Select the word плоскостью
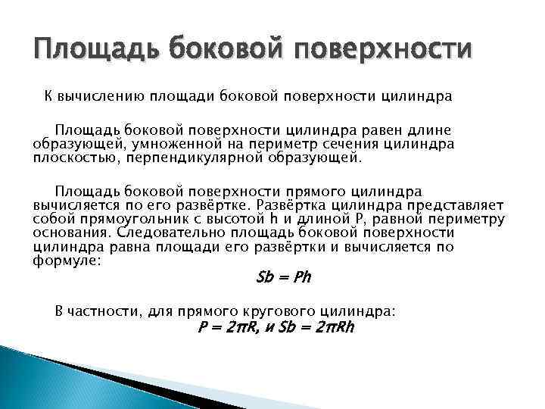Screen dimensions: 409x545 (73, 158)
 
